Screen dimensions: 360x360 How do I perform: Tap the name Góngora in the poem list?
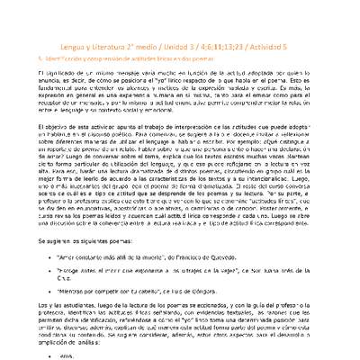[x=203, y=292]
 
